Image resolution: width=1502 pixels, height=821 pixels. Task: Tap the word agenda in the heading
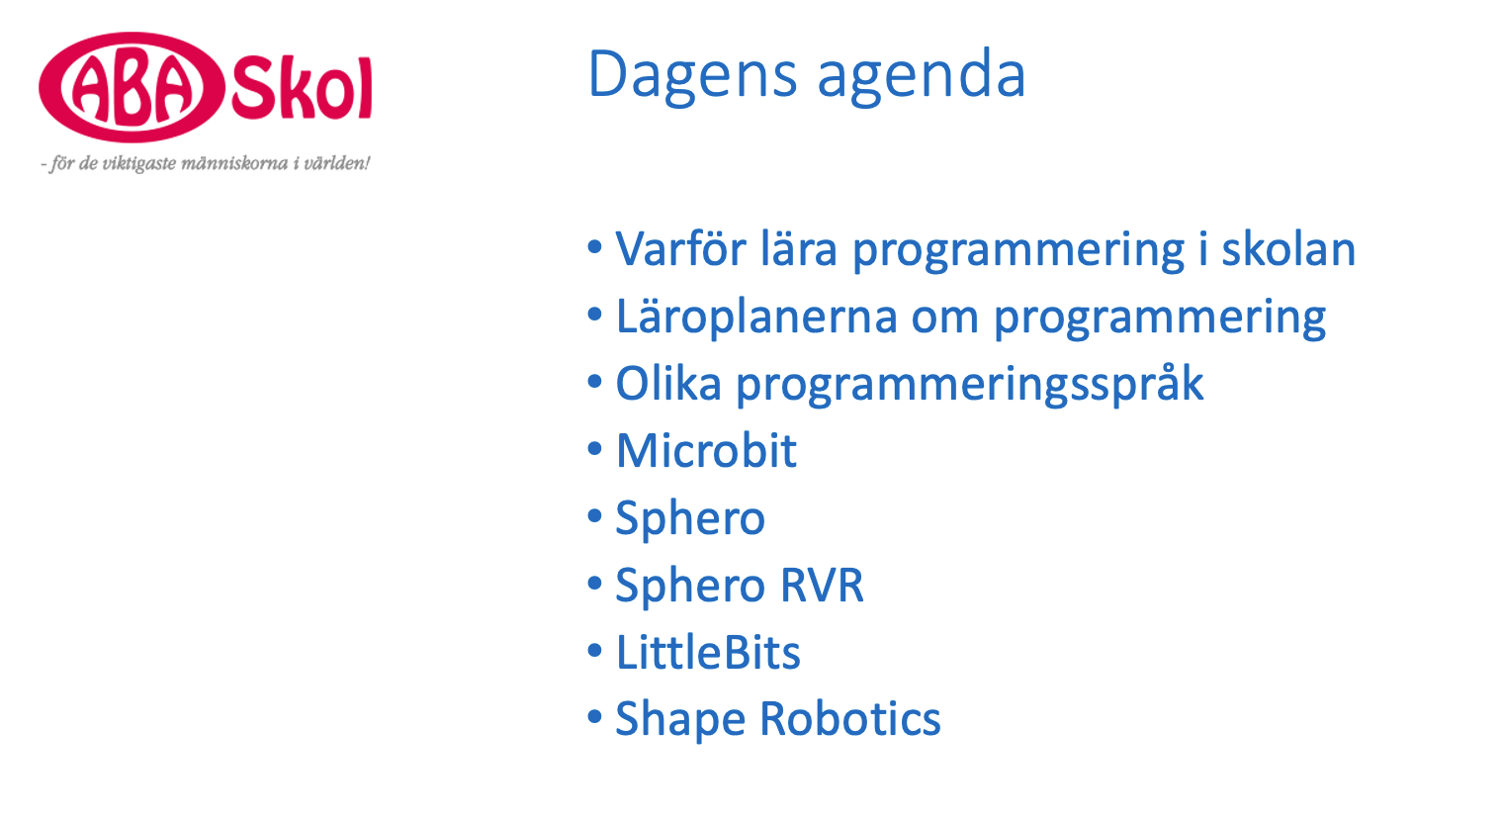coord(922,77)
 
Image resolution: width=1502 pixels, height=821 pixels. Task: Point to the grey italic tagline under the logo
coord(206,163)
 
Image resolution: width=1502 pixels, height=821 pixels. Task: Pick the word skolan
coord(1288,249)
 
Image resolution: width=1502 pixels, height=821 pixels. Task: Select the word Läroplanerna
coord(756,317)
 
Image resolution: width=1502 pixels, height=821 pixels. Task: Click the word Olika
coord(668,384)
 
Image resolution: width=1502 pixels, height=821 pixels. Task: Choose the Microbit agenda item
coord(706,450)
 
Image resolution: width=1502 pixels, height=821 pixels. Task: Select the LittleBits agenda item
coord(708,652)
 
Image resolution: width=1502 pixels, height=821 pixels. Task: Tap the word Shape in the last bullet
coord(680,720)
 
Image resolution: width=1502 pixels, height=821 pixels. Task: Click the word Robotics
coord(850,719)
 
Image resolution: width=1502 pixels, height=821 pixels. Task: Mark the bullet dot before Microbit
coord(594,448)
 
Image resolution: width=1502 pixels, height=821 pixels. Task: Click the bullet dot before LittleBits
coord(594,650)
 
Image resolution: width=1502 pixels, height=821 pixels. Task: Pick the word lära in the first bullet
coord(799,249)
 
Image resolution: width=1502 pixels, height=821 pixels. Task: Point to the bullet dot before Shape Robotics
coord(594,717)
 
